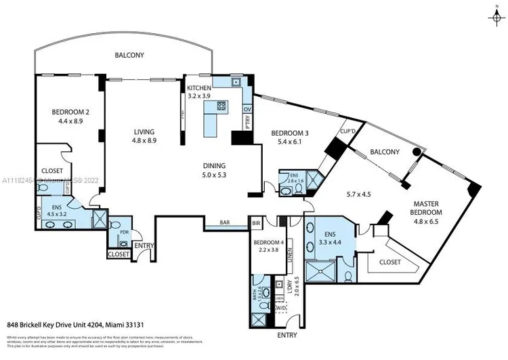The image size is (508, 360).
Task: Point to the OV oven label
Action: tap(247, 108)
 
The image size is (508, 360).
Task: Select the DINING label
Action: tap(214, 165)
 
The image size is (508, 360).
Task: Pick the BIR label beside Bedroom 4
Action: tap(257, 222)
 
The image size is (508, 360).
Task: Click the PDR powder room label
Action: tap(124, 231)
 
